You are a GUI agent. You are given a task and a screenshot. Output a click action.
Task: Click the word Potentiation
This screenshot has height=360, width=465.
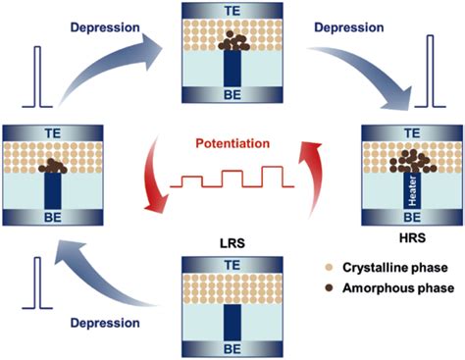point(232,142)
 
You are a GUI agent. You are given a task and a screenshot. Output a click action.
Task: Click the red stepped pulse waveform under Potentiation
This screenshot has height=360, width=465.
point(232,180)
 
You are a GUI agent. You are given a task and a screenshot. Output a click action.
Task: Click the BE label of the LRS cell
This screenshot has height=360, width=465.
point(232,342)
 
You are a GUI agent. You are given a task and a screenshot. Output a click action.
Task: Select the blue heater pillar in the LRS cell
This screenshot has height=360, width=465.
point(232,314)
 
